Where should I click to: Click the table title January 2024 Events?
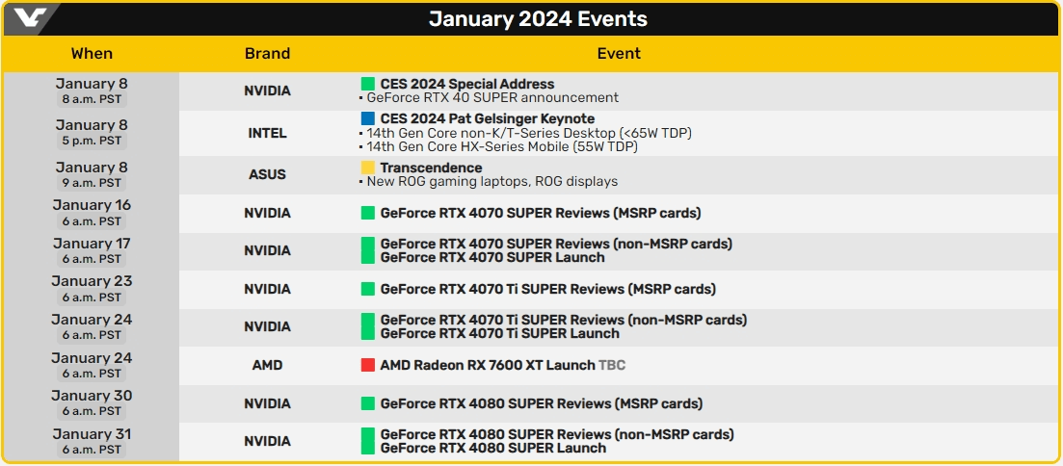pyautogui.click(x=538, y=19)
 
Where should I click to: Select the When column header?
pyautogui.click(x=92, y=54)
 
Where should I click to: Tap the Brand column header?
pyautogui.click(x=267, y=54)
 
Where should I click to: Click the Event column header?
pyautogui.click(x=619, y=54)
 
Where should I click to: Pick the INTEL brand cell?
pyautogui.click(x=267, y=133)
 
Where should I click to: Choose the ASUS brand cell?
pyautogui.click(x=267, y=174)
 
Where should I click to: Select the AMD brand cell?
pyautogui.click(x=267, y=365)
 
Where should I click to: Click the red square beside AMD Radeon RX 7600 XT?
pyautogui.click(x=367, y=365)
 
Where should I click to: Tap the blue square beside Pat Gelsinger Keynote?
pyautogui.click(x=367, y=118)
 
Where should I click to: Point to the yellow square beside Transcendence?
pyautogui.click(x=367, y=168)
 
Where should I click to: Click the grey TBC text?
pyautogui.click(x=612, y=365)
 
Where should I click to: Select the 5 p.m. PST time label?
pyautogui.click(x=92, y=141)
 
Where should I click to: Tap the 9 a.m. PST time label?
pyautogui.click(x=92, y=183)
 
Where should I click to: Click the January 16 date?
pyautogui.click(x=92, y=205)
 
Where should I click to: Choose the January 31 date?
pyautogui.click(x=92, y=434)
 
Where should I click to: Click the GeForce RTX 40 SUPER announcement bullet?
pyautogui.click(x=492, y=97)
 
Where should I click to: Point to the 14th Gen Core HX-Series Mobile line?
pyautogui.click(x=501, y=146)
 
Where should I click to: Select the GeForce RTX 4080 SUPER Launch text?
pyautogui.click(x=492, y=448)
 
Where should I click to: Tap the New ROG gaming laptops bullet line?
pyautogui.click(x=492, y=181)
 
